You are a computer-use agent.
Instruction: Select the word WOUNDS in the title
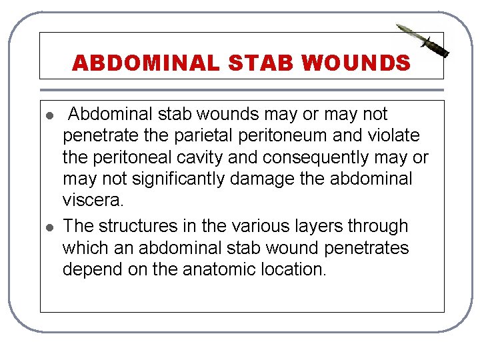tap(356, 63)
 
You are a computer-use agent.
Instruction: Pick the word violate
tap(396, 136)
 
